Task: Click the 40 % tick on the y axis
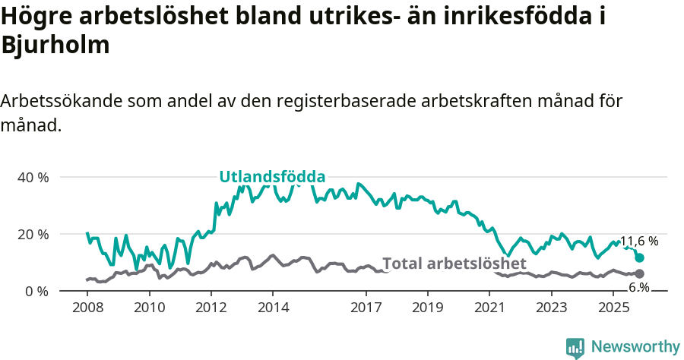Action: click(32, 177)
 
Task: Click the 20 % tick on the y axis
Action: click(32, 234)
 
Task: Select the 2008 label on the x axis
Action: click(87, 308)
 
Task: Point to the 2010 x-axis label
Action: click(149, 308)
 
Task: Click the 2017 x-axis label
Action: click(366, 308)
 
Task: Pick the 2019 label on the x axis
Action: click(428, 308)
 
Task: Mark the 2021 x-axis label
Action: click(490, 308)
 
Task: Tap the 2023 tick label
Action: click(552, 308)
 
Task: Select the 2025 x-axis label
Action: click(613, 308)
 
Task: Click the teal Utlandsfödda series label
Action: click(272, 177)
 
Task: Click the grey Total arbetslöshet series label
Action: click(454, 264)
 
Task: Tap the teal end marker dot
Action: click(639, 258)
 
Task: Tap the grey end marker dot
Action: click(639, 273)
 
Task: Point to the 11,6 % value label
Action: click(639, 242)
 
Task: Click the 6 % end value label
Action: click(638, 287)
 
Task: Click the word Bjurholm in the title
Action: click(55, 45)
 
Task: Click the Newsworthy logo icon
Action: click(575, 347)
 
